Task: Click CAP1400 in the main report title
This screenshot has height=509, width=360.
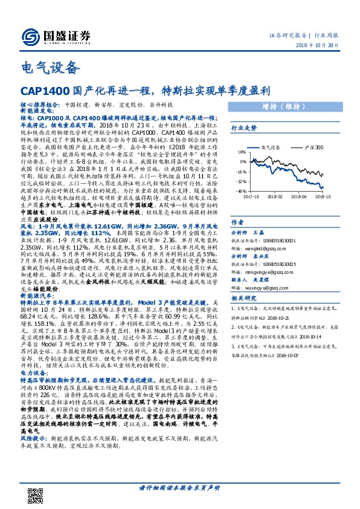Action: pyautogui.click(x=43, y=91)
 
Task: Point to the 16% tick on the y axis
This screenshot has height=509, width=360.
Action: pyautogui.click(x=240, y=153)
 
